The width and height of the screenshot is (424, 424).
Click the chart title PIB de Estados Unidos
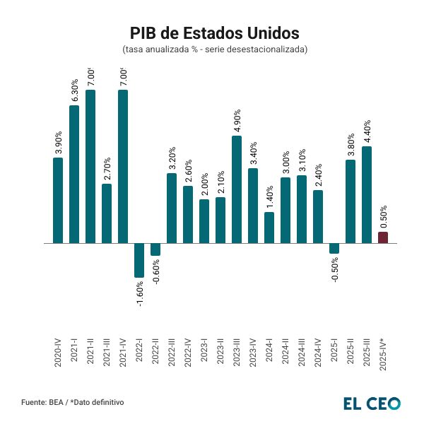click(214, 33)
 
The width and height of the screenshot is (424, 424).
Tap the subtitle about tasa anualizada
click(214, 49)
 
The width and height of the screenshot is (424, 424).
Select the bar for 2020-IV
click(58, 200)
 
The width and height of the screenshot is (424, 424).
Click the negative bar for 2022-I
click(139, 260)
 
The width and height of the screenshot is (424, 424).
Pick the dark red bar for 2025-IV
click(383, 237)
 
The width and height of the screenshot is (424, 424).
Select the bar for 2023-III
click(237, 189)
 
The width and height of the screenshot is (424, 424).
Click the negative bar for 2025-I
click(334, 248)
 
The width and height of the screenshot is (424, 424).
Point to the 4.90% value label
click(237, 121)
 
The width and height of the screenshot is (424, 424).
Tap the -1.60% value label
click(140, 295)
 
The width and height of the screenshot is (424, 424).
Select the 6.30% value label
click(74, 90)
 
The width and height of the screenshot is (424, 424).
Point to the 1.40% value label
click(270, 196)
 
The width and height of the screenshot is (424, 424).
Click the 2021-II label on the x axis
click(90, 348)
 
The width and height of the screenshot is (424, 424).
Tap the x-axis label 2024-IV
click(318, 348)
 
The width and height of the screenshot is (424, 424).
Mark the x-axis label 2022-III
click(172, 348)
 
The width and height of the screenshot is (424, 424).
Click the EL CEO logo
click(371, 403)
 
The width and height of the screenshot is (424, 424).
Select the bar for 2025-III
click(367, 194)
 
